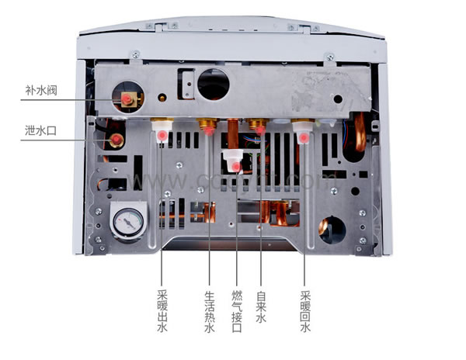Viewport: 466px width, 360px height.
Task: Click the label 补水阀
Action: [40, 88]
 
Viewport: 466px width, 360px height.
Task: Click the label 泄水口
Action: [40, 130]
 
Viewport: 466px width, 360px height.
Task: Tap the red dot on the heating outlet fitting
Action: [162, 137]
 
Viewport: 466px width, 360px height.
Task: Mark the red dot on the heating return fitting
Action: [303, 138]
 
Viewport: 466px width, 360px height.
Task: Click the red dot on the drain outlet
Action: [116, 140]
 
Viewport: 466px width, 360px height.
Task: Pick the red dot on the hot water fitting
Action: [209, 132]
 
